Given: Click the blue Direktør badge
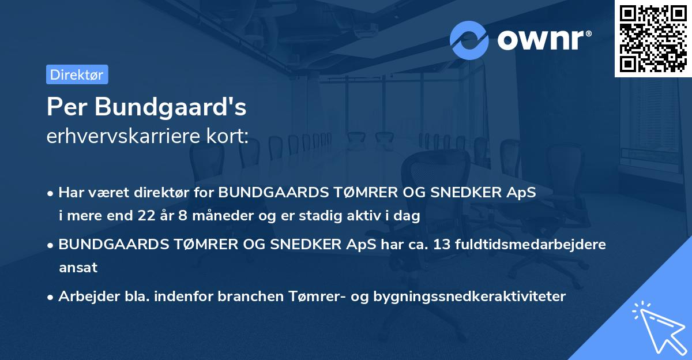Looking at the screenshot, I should click(x=77, y=74).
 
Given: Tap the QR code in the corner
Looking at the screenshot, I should click(x=653, y=38).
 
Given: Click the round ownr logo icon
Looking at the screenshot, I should click(x=469, y=40).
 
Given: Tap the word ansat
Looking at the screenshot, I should click(x=78, y=268).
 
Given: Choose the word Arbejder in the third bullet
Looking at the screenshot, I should click(x=83, y=297).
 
